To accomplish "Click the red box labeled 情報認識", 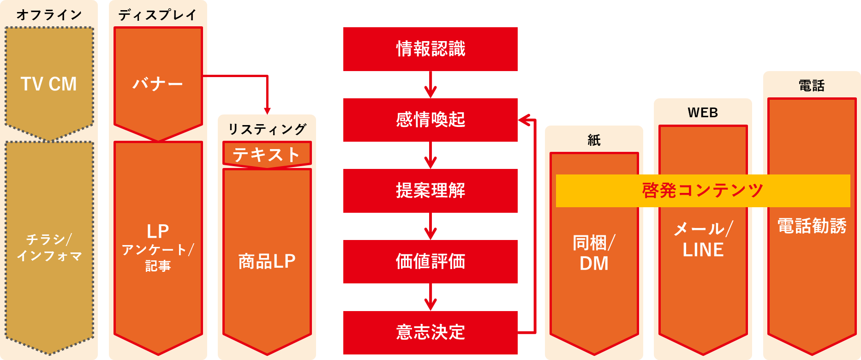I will tap(430, 49).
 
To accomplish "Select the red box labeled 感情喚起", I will tap(430, 120).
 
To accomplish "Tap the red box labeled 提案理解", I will tap(430, 191).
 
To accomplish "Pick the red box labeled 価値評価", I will tap(430, 262).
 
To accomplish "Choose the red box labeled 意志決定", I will tap(430, 332).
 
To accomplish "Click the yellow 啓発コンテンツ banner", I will tap(703, 191).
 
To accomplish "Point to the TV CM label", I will tap(49, 84).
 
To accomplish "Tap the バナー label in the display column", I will tap(158, 84).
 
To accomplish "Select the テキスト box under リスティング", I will tap(267, 154).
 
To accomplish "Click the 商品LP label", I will tap(267, 262).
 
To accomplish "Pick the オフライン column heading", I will tap(49, 15).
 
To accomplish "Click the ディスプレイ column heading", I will tap(158, 15).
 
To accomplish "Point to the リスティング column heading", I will tap(267, 129).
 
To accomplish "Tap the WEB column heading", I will tap(703, 113).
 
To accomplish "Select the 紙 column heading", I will tap(594, 140).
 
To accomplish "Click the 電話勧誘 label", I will tap(812, 226).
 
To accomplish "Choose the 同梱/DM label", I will tap(594, 253).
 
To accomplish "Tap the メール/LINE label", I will tap(703, 239).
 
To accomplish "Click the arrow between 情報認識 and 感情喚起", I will tap(430, 85).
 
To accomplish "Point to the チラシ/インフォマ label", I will tap(49, 247).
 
